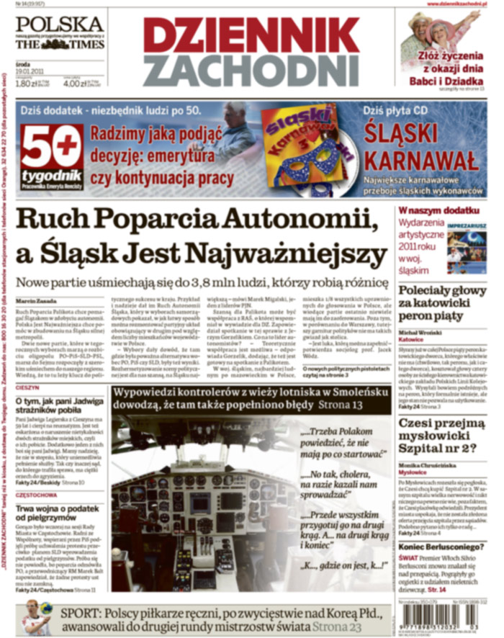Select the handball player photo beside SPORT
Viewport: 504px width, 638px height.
coord(35,616)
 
